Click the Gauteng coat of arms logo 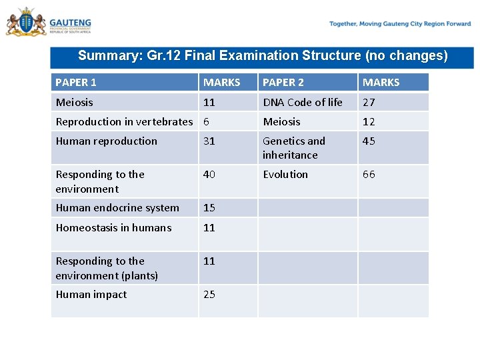tap(27, 23)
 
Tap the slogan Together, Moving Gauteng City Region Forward tap(400, 24)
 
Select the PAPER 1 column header tap(76, 83)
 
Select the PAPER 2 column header tap(283, 83)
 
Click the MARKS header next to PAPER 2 tap(381, 83)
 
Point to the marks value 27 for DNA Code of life tap(369, 102)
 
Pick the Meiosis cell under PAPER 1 tap(75, 102)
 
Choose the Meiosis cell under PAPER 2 tap(281, 121)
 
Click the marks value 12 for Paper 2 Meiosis tap(369, 121)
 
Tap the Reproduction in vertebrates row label tap(124, 121)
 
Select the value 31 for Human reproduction tap(209, 141)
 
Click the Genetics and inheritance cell tap(293, 148)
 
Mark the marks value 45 tap(369, 141)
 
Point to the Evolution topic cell tap(285, 174)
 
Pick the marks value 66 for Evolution tap(369, 174)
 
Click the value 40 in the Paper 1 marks tap(209, 174)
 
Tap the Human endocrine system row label tap(117, 207)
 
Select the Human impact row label tap(91, 294)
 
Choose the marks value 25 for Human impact tap(209, 294)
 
